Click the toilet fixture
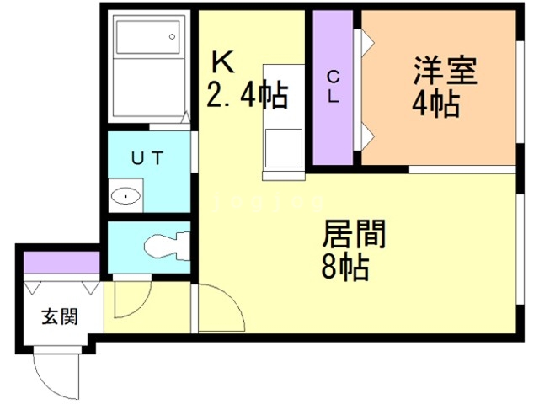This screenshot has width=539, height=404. [168, 246]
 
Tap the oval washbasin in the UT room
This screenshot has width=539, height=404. [125, 196]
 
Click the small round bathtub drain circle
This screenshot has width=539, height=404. [172, 36]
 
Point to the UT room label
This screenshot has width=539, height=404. [147, 158]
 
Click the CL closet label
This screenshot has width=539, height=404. [334, 88]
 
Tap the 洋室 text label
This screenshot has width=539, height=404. [446, 71]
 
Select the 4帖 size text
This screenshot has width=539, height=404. [436, 104]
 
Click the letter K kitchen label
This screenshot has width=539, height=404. [222, 62]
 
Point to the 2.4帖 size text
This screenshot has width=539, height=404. [247, 95]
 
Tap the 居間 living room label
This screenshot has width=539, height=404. [354, 234]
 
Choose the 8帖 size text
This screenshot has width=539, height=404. [345, 267]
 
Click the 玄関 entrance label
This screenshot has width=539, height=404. [60, 316]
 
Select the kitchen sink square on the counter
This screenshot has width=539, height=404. [284, 148]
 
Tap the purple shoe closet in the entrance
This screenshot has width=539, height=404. [61, 263]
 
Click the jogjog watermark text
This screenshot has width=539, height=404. [269, 203]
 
